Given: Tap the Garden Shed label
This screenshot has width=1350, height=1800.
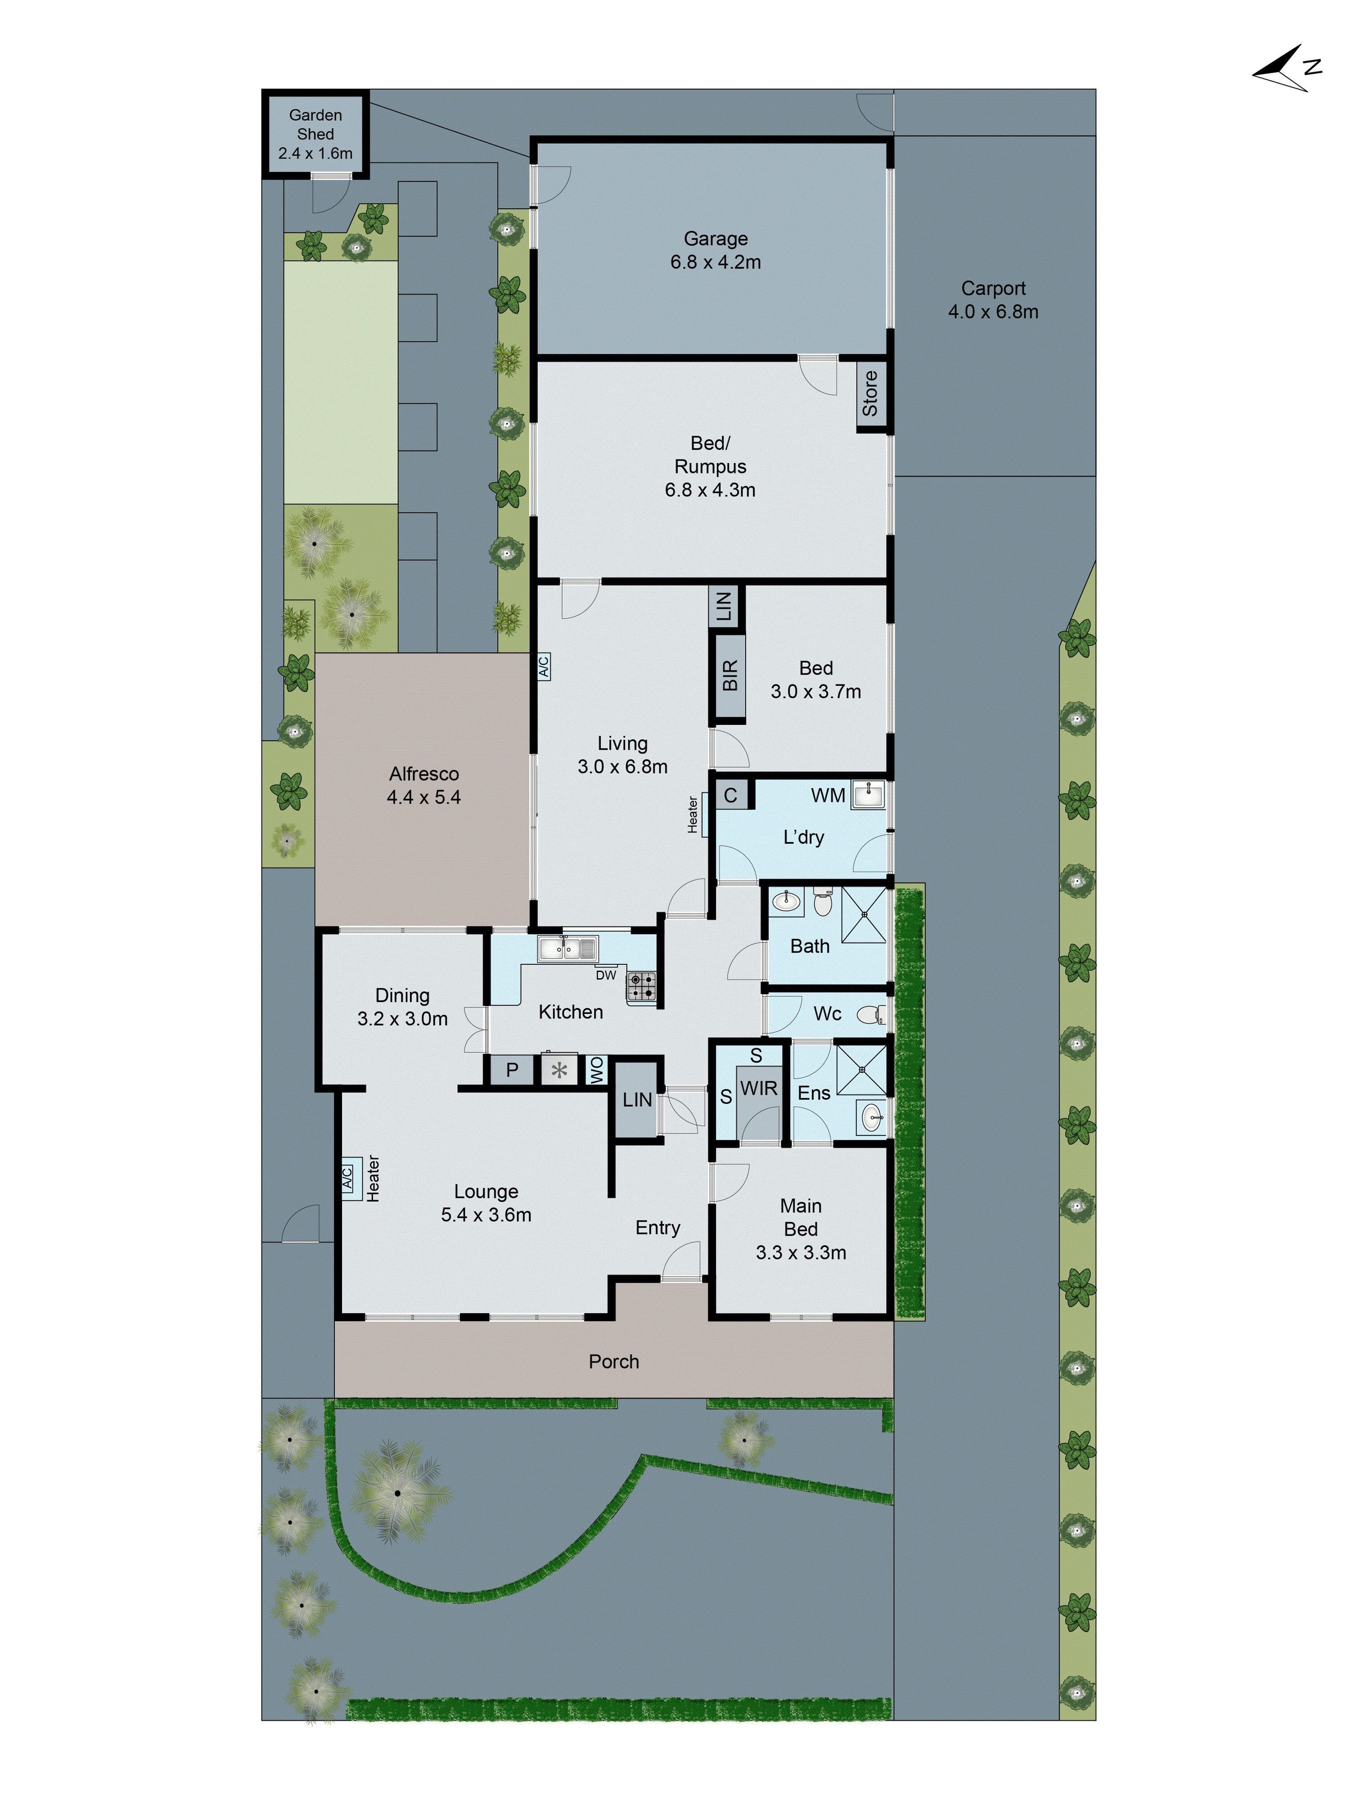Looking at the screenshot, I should pyautogui.click(x=315, y=134).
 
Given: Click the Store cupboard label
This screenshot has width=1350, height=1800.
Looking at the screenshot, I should pyautogui.click(x=870, y=394).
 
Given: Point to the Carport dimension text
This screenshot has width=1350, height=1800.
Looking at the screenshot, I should pyautogui.click(x=993, y=312).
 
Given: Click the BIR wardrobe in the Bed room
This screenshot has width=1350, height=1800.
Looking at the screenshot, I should pyautogui.click(x=729, y=675).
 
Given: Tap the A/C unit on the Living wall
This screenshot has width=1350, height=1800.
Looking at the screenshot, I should pyautogui.click(x=544, y=666).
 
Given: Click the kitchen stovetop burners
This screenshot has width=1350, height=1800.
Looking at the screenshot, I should pyautogui.click(x=640, y=986).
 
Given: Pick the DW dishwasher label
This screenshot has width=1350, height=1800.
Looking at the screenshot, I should pyautogui.click(x=605, y=975).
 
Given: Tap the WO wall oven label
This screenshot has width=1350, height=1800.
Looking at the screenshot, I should pyautogui.click(x=596, y=1069).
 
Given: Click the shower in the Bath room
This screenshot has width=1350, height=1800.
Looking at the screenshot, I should pyautogui.click(x=864, y=915).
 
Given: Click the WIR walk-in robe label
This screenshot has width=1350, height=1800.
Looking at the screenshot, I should pyautogui.click(x=758, y=1088).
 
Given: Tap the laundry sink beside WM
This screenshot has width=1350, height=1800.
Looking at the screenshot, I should pyautogui.click(x=868, y=795).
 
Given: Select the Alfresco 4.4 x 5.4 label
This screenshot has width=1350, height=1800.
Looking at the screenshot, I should pyautogui.click(x=423, y=785).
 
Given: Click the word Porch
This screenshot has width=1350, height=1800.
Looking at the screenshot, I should pyautogui.click(x=613, y=1361).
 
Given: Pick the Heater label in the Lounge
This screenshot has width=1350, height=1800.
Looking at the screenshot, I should pyautogui.click(x=373, y=1178).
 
